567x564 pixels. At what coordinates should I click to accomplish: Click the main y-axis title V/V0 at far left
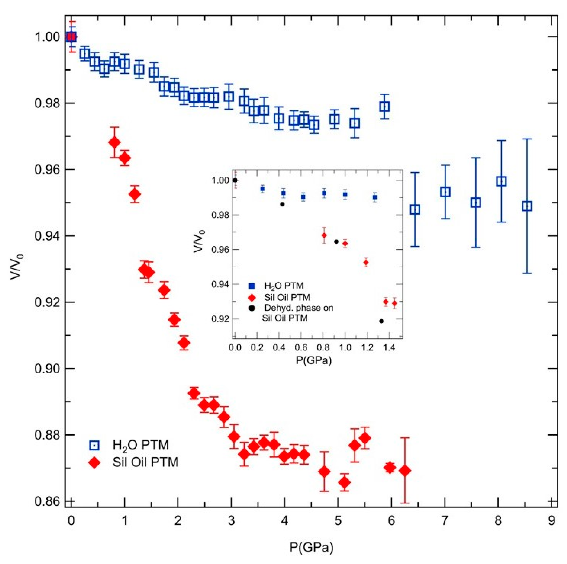[17, 267]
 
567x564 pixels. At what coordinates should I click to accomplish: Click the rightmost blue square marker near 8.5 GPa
[527, 206]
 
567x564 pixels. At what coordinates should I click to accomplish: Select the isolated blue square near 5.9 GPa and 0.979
[384, 106]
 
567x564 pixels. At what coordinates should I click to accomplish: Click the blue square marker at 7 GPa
[445, 192]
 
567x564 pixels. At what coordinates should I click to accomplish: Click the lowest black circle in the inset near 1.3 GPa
[381, 321]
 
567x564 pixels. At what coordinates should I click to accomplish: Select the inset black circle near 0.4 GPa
[282, 204]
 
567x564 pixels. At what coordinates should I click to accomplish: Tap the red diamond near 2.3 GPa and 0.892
[194, 393]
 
